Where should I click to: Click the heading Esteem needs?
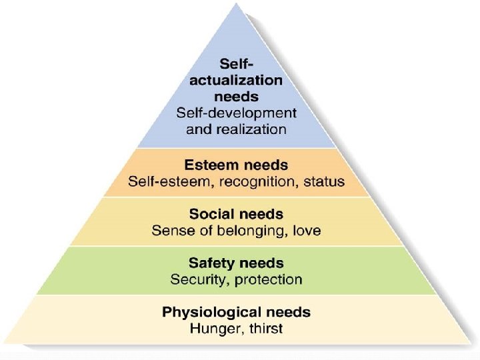pyautogui.click(x=236, y=164)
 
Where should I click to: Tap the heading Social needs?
pyautogui.click(x=236, y=215)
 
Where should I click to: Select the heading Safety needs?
pyautogui.click(x=236, y=263)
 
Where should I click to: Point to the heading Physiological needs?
pyautogui.click(x=236, y=312)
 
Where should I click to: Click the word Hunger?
pyautogui.click(x=211, y=329)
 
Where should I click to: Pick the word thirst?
pyautogui.click(x=263, y=328)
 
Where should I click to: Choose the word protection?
pyautogui.click(x=268, y=280)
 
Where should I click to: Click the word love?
pyautogui.click(x=305, y=231)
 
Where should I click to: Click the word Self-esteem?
pyautogui.click(x=167, y=181)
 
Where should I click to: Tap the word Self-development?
pyautogui.click(x=236, y=113)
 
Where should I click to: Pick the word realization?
pyautogui.click(x=256, y=129)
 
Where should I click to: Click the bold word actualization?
pyautogui.click(x=236, y=80)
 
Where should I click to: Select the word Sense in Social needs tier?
pyautogui.click(x=171, y=231)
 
